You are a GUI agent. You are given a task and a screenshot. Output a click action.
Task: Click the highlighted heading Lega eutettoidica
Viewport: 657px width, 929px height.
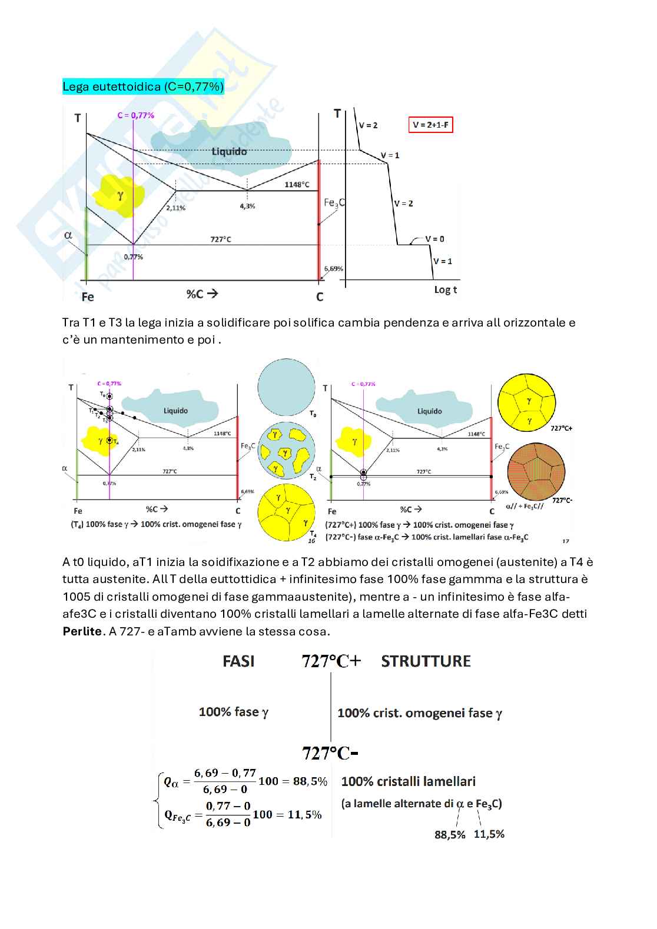(143, 86)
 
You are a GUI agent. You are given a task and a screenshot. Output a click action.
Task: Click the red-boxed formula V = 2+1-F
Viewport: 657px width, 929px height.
(430, 125)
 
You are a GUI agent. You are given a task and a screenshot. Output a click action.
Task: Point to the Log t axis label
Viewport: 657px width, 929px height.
(445, 289)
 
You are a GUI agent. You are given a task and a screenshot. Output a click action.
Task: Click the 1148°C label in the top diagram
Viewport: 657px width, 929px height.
(297, 185)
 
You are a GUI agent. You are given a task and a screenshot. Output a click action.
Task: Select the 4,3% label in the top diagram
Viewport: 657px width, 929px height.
(247, 207)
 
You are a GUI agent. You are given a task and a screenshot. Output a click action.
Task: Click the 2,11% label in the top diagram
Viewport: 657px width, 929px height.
(175, 208)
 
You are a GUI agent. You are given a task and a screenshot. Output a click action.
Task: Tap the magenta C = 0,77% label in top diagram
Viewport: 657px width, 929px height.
(135, 115)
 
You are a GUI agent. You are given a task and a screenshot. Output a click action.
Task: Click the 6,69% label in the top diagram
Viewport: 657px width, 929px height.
(333, 268)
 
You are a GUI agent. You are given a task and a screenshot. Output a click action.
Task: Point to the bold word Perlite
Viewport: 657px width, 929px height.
(82, 631)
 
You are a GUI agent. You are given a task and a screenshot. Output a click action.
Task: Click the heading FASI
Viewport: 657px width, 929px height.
(238, 661)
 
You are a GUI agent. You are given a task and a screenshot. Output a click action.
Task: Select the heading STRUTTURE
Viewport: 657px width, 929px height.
(426, 661)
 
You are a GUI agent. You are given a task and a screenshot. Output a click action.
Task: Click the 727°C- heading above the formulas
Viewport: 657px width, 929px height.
(330, 753)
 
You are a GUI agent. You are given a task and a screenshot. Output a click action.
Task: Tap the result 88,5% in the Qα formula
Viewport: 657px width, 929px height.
(310, 781)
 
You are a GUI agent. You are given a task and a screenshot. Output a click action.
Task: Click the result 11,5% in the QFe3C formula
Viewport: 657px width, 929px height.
(304, 815)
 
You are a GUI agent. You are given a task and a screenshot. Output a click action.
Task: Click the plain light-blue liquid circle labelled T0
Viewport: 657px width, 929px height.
(286, 387)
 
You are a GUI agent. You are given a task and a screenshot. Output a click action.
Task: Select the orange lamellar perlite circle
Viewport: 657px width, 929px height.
(536, 472)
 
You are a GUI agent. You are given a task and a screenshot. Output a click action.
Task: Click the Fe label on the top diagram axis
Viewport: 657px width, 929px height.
(88, 297)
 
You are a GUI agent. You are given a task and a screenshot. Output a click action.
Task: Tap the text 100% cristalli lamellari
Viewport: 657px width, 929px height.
(408, 781)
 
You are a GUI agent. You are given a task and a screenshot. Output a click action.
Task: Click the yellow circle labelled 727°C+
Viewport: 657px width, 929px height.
(526, 403)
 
